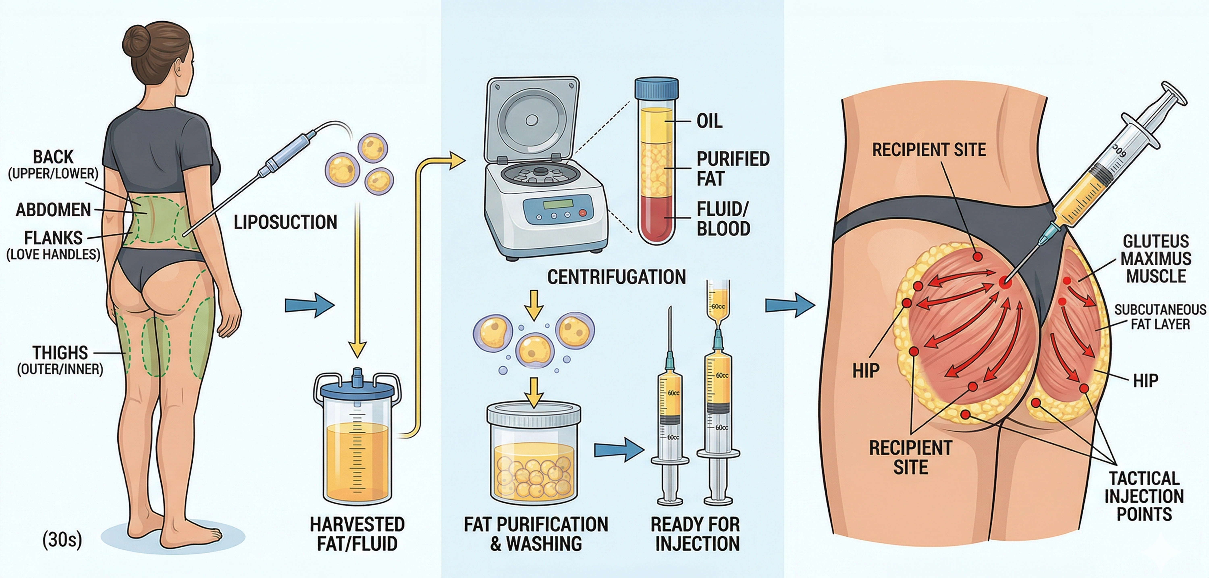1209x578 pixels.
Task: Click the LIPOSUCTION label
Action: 285,222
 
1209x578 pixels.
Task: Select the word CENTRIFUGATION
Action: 616,277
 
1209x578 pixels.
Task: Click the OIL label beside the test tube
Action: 709,121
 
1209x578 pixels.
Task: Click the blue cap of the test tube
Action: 656,94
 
